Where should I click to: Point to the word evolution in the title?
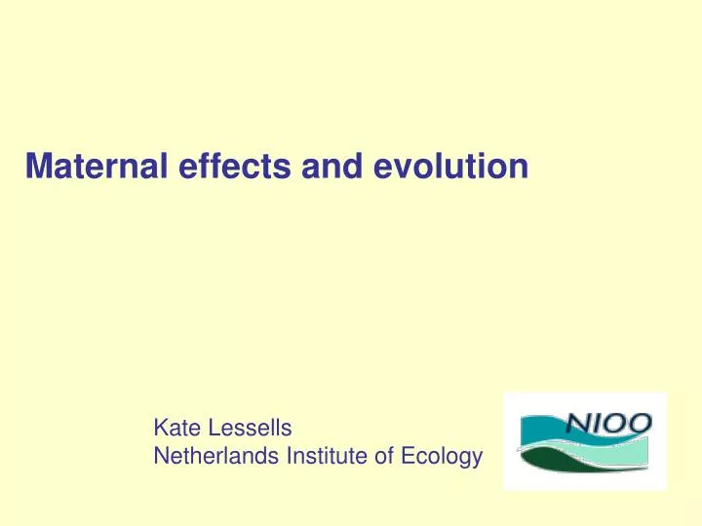pyautogui.click(x=433, y=168)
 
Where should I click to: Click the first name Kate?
pyautogui.click(x=174, y=427)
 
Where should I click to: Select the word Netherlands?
pyautogui.click(x=209, y=454)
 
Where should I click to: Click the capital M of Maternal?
pyautogui.click(x=38, y=168)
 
